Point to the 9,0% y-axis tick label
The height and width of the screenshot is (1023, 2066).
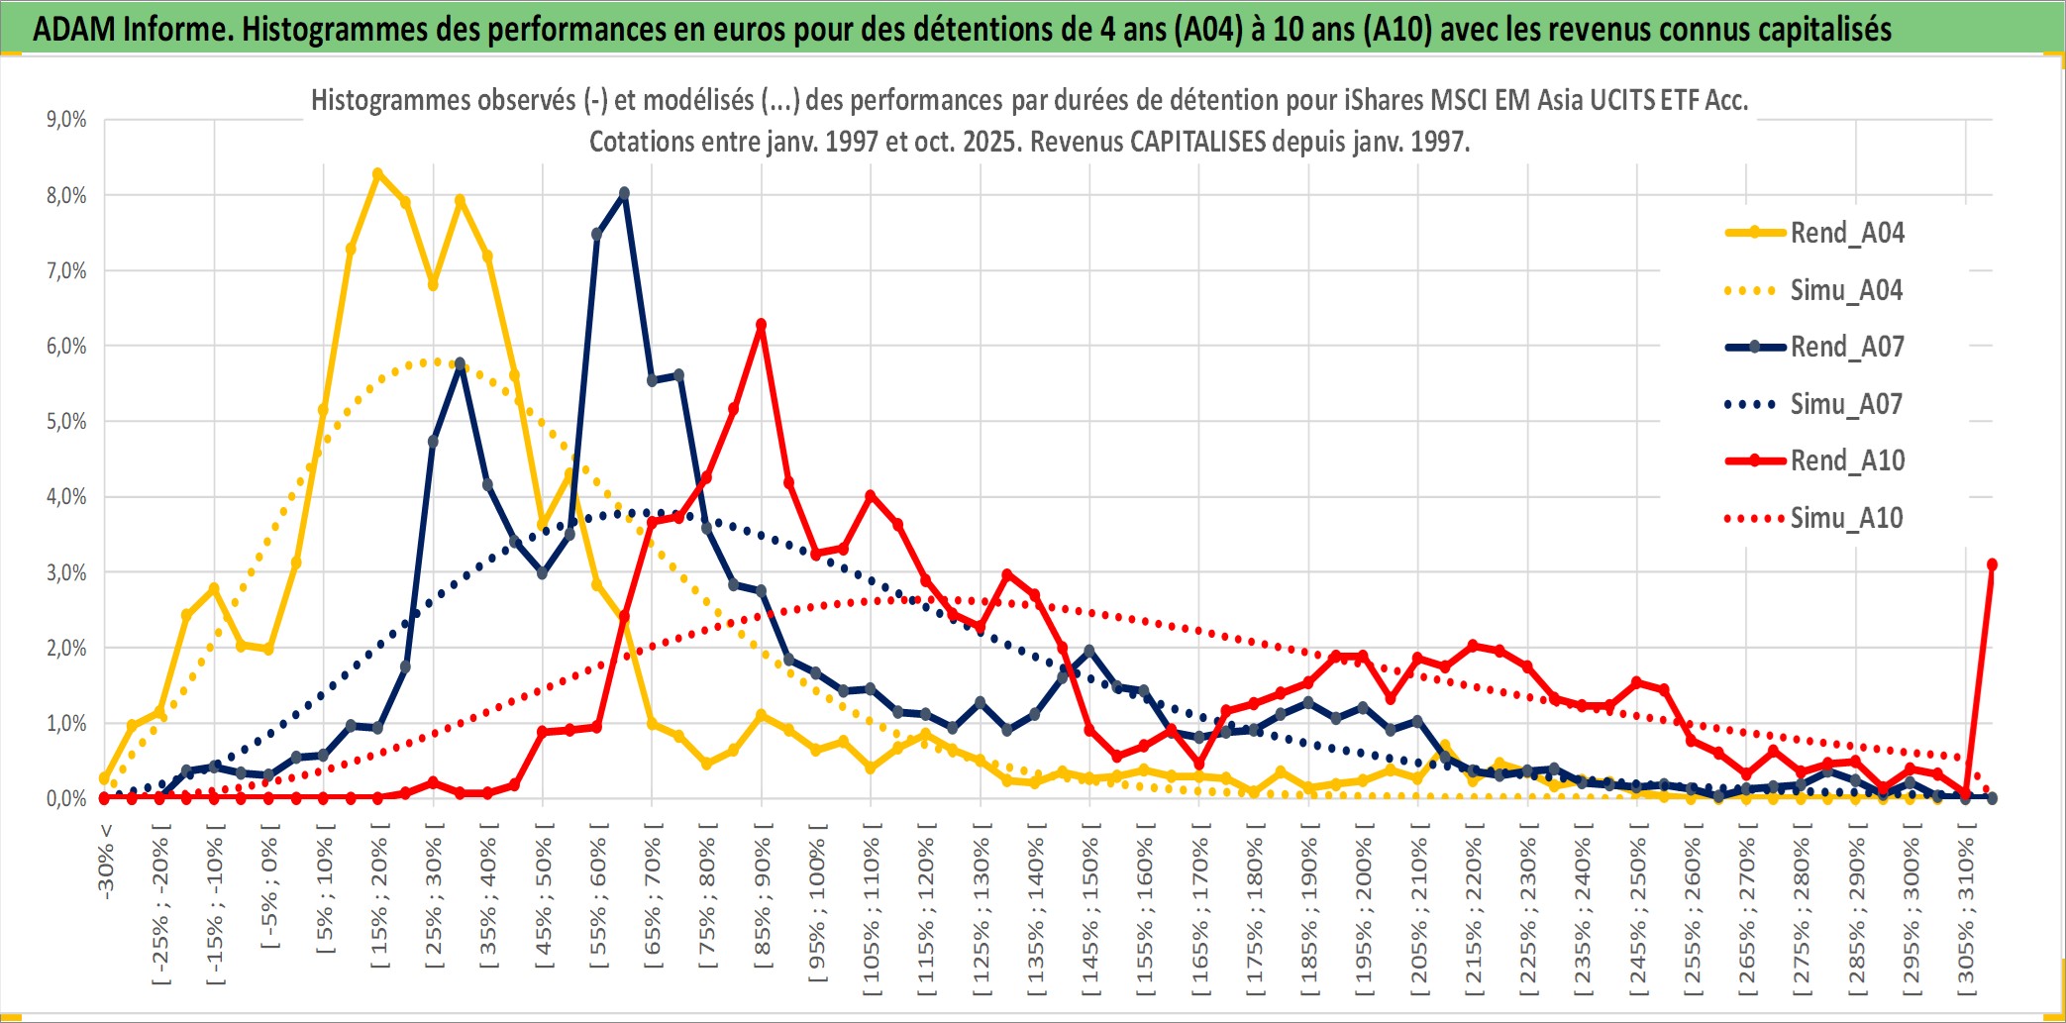tap(66, 120)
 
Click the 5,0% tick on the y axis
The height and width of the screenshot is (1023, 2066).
tap(66, 422)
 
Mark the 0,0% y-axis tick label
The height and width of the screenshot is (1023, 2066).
tap(66, 798)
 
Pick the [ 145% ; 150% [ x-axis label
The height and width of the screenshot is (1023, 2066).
tap(1089, 911)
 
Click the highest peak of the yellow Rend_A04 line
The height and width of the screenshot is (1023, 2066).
tap(377, 173)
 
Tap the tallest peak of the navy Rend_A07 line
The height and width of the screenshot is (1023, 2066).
tap(624, 193)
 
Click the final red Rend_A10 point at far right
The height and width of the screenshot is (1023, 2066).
tap(1992, 564)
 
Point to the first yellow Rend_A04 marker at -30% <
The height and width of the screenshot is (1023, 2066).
tap(104, 778)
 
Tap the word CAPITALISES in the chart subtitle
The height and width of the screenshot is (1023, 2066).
tap(1197, 142)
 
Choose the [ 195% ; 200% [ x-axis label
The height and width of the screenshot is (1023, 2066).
tap(1363, 911)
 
